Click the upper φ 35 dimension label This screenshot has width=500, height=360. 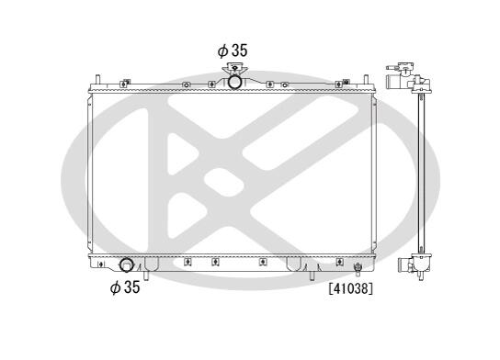(233, 51)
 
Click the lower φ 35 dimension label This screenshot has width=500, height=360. (125, 287)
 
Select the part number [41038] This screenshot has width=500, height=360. (351, 288)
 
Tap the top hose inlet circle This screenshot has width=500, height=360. (235, 82)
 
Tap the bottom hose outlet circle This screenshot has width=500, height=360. (126, 265)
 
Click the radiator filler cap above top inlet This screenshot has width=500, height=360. (234, 68)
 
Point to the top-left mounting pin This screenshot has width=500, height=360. (98, 79)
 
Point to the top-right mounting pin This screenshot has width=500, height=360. (366, 79)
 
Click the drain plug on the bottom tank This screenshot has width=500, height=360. (358, 269)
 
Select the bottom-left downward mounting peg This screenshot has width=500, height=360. (146, 276)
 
